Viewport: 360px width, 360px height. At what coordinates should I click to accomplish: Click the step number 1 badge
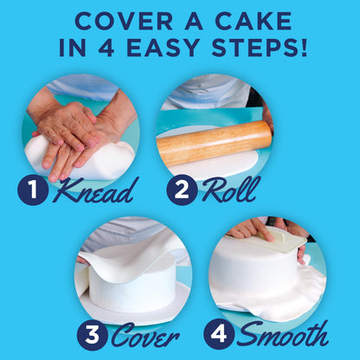pos(34,190)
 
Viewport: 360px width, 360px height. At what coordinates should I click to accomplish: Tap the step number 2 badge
pos(183,190)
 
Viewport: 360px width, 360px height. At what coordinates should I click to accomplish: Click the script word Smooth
pos(283,334)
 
